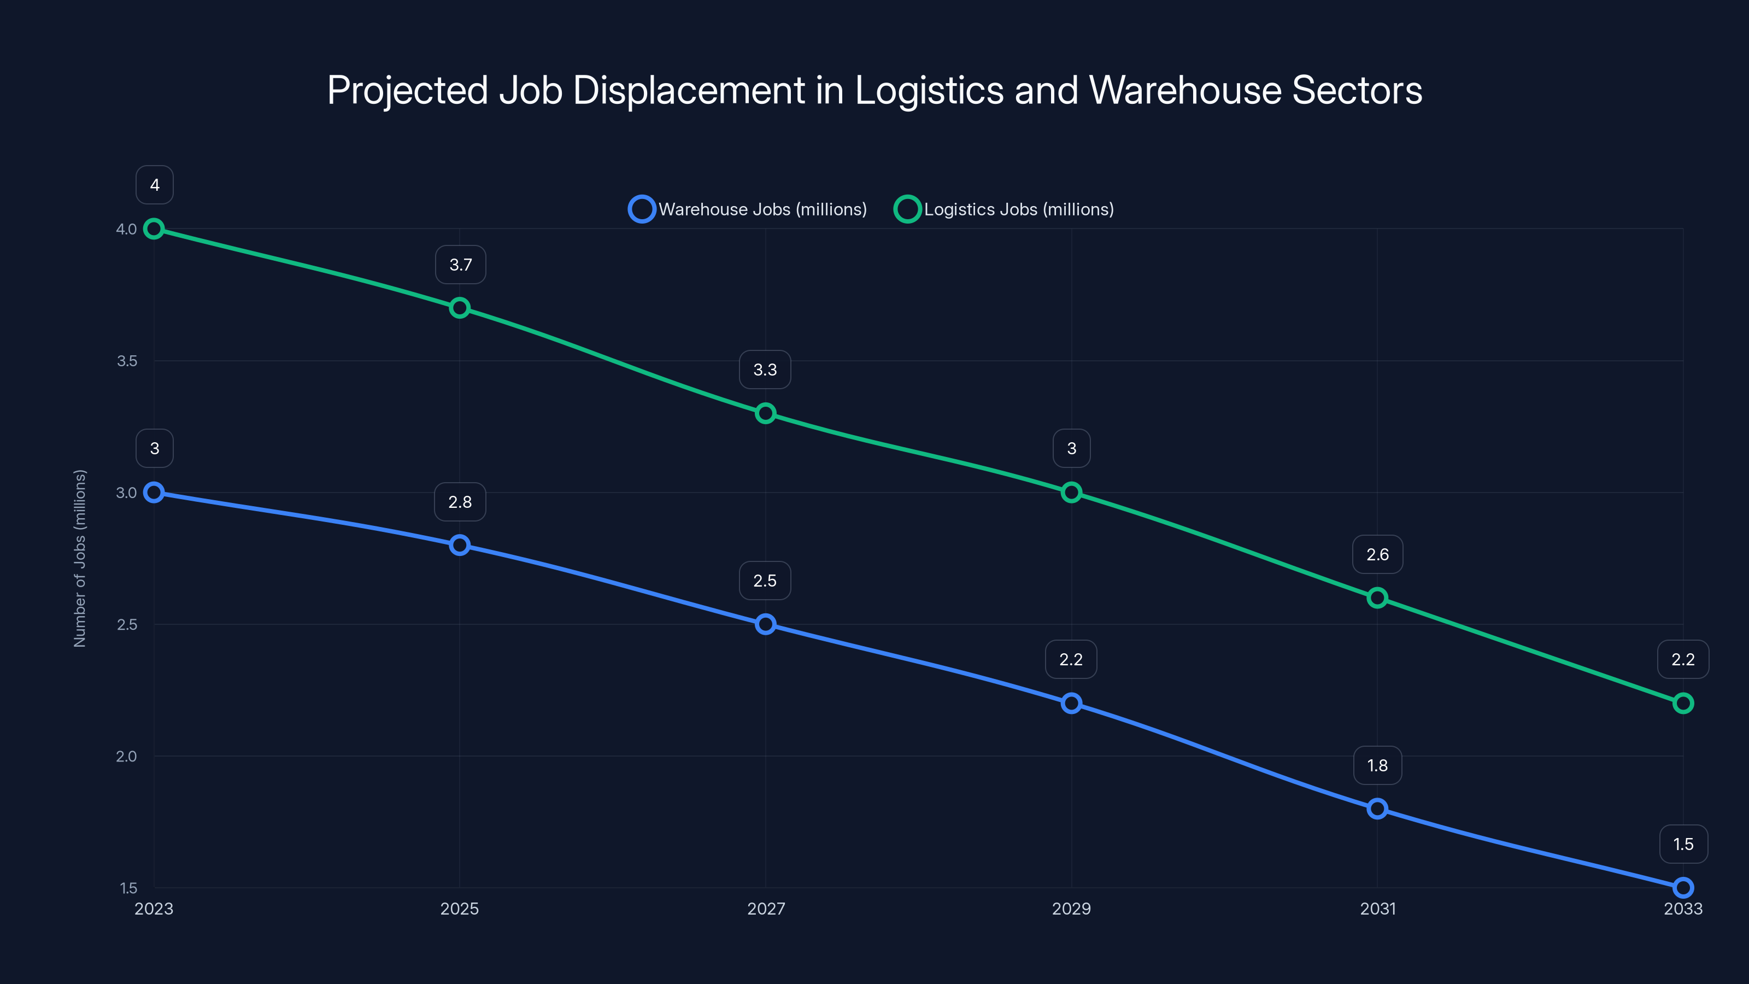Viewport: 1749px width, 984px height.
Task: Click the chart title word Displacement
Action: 689,90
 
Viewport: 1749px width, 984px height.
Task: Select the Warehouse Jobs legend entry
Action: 748,209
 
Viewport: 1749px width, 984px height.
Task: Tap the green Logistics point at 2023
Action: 154,229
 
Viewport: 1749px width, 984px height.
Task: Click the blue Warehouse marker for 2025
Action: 460,546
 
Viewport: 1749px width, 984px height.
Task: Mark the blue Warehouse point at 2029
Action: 1071,704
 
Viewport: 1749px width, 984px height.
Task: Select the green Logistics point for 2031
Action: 1377,598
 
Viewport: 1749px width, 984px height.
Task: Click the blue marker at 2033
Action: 1683,888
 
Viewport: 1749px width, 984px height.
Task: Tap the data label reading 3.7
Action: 460,265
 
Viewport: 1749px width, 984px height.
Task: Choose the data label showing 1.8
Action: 1377,765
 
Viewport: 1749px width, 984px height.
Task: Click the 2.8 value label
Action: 460,502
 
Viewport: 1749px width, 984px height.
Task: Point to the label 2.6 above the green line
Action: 1377,555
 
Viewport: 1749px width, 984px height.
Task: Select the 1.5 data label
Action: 1683,844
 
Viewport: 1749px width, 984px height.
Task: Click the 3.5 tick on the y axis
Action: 127,361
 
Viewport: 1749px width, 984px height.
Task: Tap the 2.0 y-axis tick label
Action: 126,757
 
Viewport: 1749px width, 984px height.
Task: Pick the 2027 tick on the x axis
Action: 766,909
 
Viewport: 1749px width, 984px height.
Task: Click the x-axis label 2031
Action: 1377,909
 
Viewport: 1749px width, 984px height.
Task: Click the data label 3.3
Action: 765,370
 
